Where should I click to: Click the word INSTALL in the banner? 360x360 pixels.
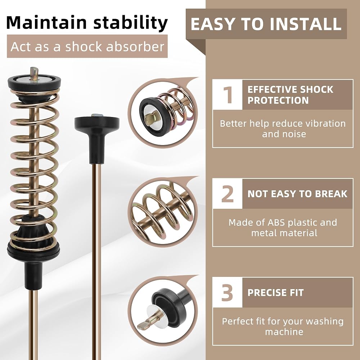pos(306,24)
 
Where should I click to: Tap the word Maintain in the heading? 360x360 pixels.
pos(46,23)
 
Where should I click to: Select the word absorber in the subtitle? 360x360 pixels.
pos(135,46)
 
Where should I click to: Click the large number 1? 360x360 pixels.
pos(228,95)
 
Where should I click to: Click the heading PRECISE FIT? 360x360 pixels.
pos(275,293)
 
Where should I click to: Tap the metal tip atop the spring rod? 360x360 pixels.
pos(34,73)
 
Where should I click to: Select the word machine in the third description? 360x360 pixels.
pos(284,332)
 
